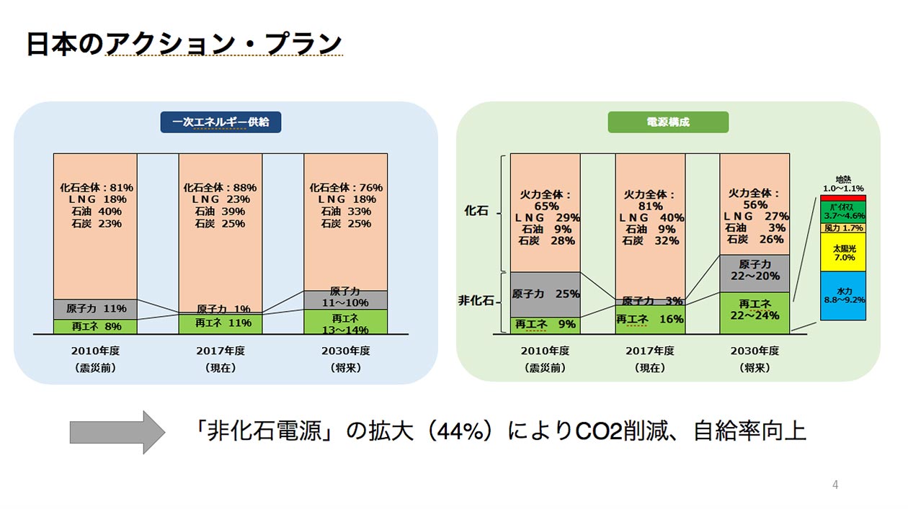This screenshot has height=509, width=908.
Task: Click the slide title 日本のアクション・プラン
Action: point(184,44)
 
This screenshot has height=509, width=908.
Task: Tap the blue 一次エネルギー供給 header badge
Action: point(221,122)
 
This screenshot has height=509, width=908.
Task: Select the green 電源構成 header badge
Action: point(668,122)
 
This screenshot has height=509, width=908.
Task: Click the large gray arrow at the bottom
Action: point(117,432)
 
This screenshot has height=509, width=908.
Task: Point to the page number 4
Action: point(835,485)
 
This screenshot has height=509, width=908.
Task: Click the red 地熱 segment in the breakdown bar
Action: point(843,197)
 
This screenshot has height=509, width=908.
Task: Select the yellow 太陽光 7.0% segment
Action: point(843,252)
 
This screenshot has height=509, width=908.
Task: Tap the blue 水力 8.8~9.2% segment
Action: point(843,296)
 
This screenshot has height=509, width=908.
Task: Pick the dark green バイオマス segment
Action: point(843,211)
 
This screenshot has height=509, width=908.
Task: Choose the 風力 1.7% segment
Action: point(843,228)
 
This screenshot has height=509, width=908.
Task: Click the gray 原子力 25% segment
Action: point(546,294)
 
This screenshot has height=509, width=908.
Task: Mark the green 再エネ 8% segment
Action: point(94,327)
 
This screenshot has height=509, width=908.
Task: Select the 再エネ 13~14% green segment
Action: point(345,322)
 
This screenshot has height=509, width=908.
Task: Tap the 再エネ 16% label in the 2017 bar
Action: point(649,320)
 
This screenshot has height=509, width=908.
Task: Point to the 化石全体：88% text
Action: point(220,188)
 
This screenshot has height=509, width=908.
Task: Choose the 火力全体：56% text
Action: point(754,199)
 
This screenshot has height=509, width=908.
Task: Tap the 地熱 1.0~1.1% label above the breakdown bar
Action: point(843,183)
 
